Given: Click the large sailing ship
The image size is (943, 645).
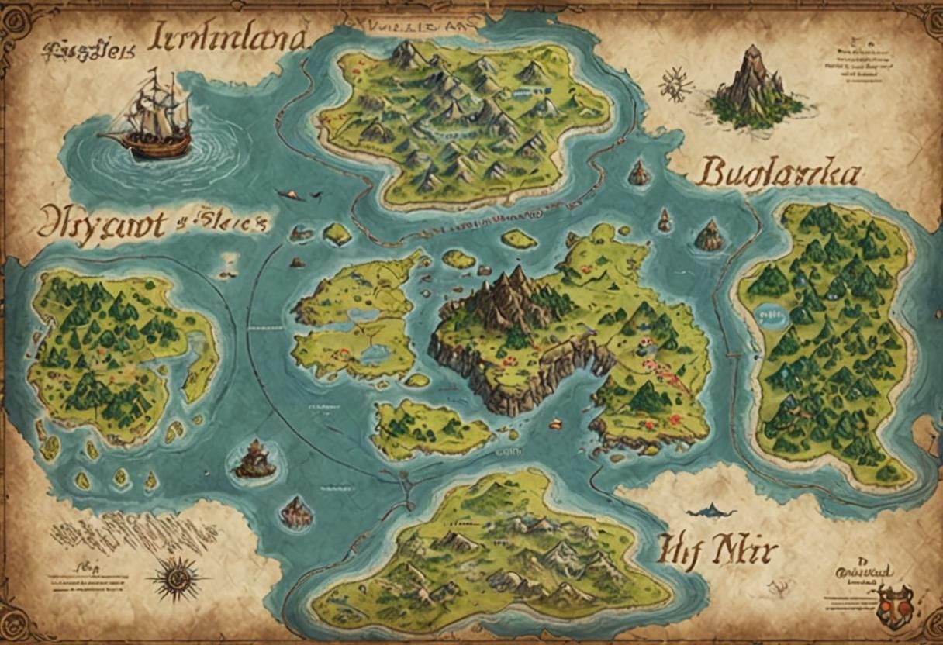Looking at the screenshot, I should [151, 116].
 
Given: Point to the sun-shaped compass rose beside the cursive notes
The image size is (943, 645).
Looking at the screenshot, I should [176, 578].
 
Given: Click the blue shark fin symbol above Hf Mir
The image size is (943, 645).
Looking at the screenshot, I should [710, 510].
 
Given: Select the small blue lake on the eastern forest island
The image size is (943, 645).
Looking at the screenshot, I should [771, 317].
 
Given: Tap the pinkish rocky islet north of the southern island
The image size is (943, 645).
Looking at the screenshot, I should [297, 511].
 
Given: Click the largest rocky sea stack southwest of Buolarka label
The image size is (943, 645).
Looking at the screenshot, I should [708, 236].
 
